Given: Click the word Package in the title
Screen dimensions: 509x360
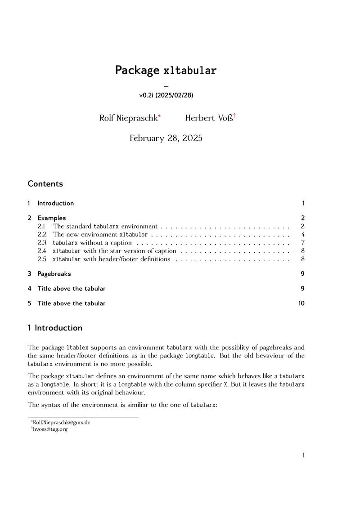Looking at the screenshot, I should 137,71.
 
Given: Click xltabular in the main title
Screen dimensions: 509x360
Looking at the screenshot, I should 189,71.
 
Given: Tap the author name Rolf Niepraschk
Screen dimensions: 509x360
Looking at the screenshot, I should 128,118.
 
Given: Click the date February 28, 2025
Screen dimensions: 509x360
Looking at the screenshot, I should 166,138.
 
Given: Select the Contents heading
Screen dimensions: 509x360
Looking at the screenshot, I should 45,183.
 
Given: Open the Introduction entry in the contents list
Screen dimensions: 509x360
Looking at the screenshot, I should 55,203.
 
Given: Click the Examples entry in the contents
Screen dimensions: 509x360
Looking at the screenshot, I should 51,218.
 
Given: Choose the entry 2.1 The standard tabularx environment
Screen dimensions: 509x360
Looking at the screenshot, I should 105,227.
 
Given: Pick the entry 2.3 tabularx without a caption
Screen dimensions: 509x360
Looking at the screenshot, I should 92,243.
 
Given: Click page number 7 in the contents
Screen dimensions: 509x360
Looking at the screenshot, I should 303,243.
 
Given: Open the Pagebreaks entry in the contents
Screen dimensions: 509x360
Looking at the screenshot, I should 54,273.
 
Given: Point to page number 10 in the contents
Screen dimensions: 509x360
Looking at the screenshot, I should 301,304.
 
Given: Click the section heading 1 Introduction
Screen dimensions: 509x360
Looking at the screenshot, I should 55,328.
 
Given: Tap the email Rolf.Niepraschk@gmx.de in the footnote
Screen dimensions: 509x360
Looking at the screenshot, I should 61,423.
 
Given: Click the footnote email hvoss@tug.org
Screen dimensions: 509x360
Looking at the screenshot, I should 50,429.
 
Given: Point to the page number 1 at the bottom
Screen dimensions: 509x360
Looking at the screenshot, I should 304,455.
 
